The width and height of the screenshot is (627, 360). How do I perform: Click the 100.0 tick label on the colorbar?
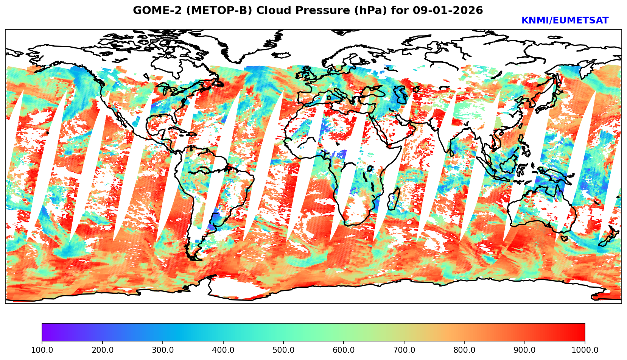click(42, 350)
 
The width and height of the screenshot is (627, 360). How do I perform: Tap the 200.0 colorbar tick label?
click(102, 350)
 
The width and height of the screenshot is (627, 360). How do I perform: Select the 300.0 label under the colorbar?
click(162, 350)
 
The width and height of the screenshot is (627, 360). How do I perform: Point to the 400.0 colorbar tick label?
click(223, 350)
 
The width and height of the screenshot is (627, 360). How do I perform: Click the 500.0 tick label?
click(283, 350)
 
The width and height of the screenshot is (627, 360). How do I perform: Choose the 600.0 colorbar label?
click(344, 350)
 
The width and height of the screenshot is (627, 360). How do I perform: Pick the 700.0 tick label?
click(404, 350)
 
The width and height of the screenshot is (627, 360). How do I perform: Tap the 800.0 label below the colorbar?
click(464, 350)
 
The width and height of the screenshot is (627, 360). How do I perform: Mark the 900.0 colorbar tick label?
click(524, 350)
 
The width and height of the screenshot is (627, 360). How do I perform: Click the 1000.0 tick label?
click(585, 350)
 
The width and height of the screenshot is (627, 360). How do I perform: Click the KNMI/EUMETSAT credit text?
click(565, 21)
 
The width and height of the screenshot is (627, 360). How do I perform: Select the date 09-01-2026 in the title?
click(448, 11)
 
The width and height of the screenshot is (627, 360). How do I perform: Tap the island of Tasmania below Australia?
click(563, 238)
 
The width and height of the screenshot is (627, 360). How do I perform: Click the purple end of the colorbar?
click(45, 332)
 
